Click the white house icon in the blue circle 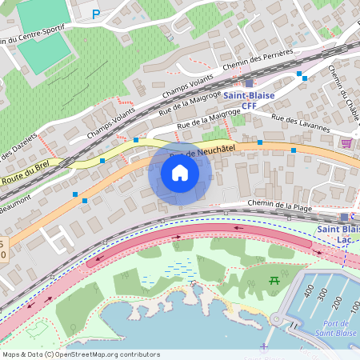[180, 173]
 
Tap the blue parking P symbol [96, 14]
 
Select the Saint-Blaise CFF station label [249, 101]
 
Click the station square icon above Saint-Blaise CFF [249, 83]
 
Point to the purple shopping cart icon [346, 143]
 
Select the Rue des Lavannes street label [300, 122]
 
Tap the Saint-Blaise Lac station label [338, 235]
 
